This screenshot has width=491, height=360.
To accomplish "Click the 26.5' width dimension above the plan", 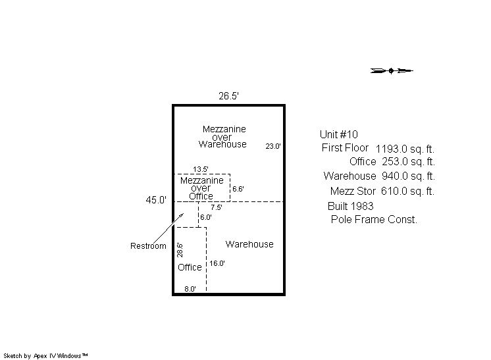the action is click(228, 96).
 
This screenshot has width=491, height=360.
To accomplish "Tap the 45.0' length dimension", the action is click(156, 199).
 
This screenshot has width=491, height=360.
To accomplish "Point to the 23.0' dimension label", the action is click(273, 146).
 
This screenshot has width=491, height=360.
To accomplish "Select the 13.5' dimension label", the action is click(200, 169).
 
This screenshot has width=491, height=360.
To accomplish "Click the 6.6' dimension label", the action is click(238, 189).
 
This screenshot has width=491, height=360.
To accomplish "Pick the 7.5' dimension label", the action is click(217, 207).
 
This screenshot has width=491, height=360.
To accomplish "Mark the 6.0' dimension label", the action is click(206, 217).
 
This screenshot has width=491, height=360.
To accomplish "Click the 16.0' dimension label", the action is click(217, 263).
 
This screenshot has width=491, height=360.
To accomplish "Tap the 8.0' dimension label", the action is click(190, 289).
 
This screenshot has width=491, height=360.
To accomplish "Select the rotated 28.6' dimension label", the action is click(180, 250).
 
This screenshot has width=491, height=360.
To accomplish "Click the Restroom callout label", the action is click(148, 245).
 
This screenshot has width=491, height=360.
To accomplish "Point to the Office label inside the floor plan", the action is click(190, 267).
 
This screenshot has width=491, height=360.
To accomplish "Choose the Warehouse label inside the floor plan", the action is click(249, 244).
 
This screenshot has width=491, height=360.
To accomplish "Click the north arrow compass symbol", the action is click(392, 70).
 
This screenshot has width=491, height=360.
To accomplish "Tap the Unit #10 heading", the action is click(338, 134).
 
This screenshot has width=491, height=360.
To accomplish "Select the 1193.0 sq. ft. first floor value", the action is click(405, 149).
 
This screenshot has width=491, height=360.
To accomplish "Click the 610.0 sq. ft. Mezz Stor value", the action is click(407, 191).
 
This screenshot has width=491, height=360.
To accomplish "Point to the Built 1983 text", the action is click(350, 206).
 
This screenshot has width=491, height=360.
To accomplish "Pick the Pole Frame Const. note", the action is click(374, 219).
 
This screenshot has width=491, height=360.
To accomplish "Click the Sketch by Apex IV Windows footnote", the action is click(45, 355).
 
